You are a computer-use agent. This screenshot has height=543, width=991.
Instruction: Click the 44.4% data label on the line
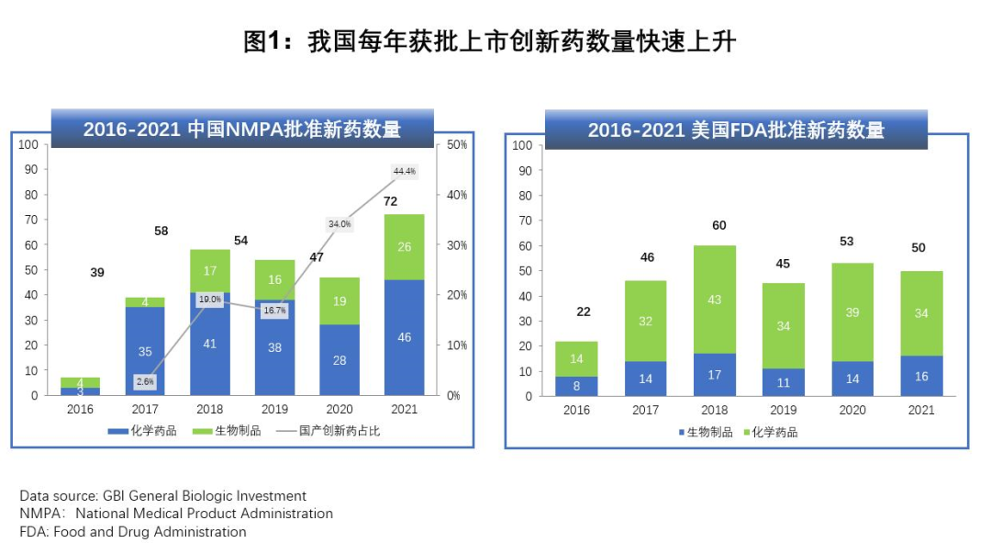[405, 171]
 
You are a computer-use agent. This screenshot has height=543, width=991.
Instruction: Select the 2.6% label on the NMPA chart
[145, 381]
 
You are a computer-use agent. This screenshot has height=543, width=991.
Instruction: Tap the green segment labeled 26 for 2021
[405, 246]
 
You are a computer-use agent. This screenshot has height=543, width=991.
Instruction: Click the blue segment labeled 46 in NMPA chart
[405, 337]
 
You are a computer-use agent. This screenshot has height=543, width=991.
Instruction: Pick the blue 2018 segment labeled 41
[210, 344]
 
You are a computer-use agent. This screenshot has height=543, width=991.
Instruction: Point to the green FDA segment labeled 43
[714, 300]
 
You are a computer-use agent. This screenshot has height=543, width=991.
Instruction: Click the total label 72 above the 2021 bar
[390, 201]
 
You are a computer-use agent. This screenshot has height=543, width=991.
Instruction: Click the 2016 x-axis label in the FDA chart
[577, 410]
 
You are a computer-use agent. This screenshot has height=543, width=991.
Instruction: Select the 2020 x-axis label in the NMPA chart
[340, 410]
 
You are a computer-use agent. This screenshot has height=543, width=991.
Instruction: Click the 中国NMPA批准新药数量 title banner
[242, 129]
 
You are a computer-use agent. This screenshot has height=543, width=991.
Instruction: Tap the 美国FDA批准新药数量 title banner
[736, 130]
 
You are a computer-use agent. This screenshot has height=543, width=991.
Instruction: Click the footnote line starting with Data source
[163, 496]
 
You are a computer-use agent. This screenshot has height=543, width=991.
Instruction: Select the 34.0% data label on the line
[340, 223]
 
